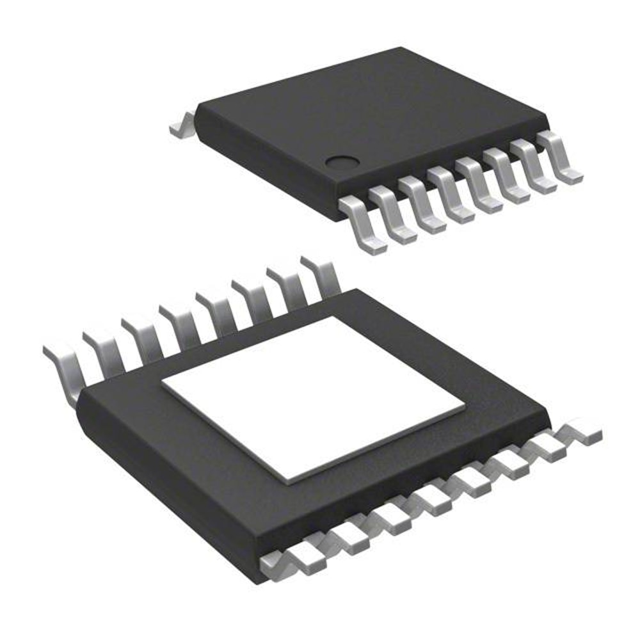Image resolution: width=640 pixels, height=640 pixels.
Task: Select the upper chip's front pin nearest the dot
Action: tap(362, 224)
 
